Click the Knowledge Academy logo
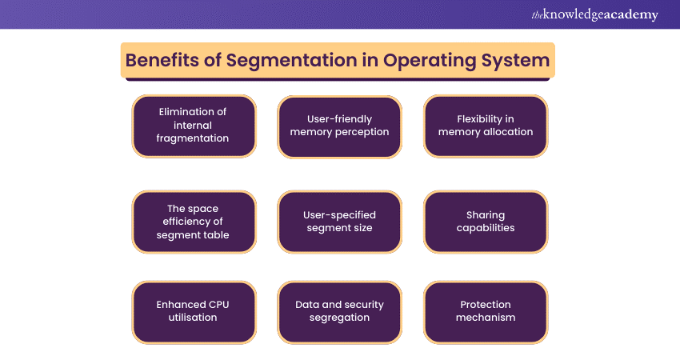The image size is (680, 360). (594, 14)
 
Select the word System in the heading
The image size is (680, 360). (516, 61)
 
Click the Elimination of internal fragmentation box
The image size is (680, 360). (194, 126)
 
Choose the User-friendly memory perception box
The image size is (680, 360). (339, 126)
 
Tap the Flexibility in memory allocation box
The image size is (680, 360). (486, 126)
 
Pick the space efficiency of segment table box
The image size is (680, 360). (194, 222)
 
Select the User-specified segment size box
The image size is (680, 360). (339, 222)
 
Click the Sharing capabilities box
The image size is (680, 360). (486, 222)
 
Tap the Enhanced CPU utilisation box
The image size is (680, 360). (194, 312)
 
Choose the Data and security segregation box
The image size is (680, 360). (339, 312)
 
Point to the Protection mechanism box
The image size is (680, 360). (486, 312)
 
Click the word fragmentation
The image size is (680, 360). (193, 138)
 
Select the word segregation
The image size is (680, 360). (339, 318)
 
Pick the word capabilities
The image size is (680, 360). (486, 228)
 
